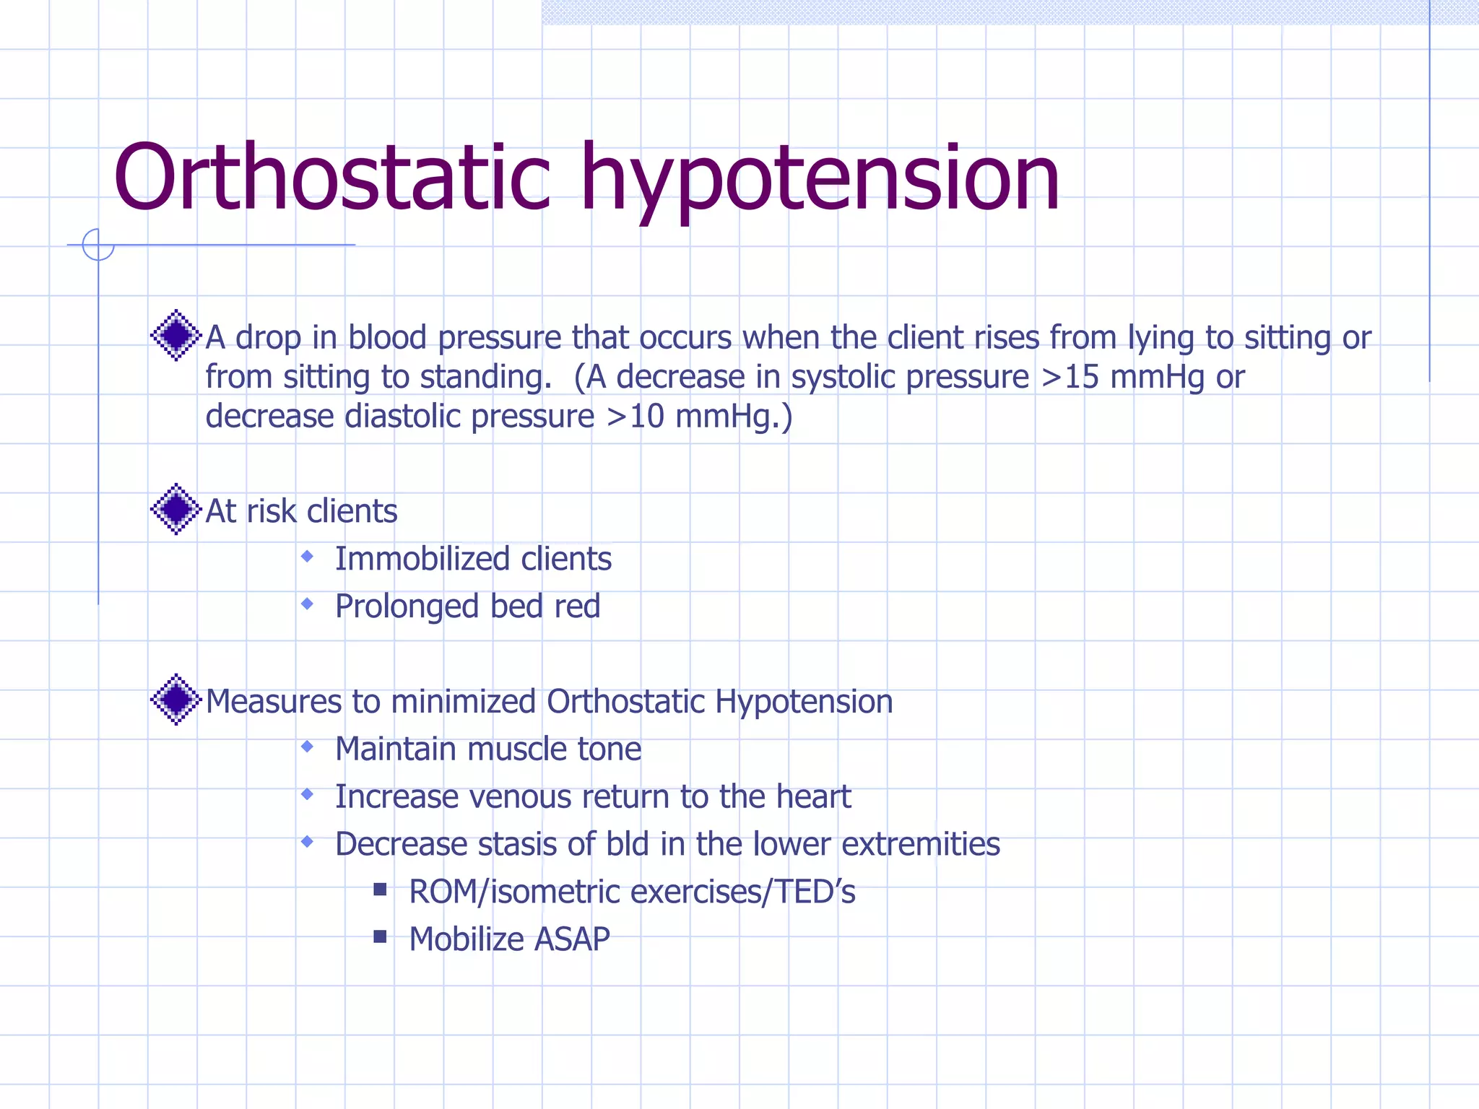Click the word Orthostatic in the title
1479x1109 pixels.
click(332, 178)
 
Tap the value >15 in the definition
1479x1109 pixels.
click(1070, 377)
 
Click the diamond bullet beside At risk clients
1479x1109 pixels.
click(175, 510)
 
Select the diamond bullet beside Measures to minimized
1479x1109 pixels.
click(175, 700)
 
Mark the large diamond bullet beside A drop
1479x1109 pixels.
click(175, 335)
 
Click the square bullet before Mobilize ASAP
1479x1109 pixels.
click(381, 937)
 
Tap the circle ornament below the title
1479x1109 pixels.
click(98, 244)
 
